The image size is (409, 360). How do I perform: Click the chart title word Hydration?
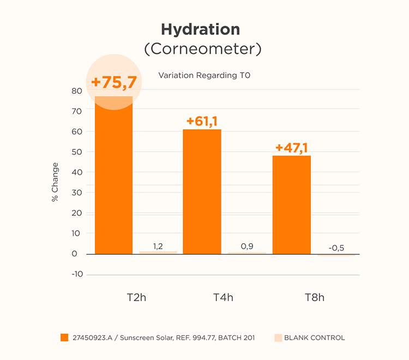tap(200, 29)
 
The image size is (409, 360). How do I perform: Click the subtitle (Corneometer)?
tap(202, 49)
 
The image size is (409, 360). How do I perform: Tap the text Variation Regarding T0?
tap(204, 75)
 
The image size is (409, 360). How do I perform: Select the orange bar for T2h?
tap(113, 180)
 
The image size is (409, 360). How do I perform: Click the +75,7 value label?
tap(113, 82)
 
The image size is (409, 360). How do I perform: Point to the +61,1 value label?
tap(202, 121)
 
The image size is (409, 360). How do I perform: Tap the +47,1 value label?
tap(291, 148)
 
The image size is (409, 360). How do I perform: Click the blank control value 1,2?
tap(158, 247)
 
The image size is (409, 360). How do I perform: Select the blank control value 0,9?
tap(247, 247)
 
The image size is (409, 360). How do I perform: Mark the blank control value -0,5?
tap(336, 248)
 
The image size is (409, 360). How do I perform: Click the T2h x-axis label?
tap(136, 297)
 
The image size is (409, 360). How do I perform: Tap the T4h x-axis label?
tap(223, 297)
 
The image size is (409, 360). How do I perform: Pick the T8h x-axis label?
tap(314, 297)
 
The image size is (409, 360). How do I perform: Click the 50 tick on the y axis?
tap(77, 152)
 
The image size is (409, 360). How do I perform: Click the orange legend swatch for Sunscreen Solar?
tap(64, 338)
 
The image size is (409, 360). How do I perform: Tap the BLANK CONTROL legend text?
tap(314, 338)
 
